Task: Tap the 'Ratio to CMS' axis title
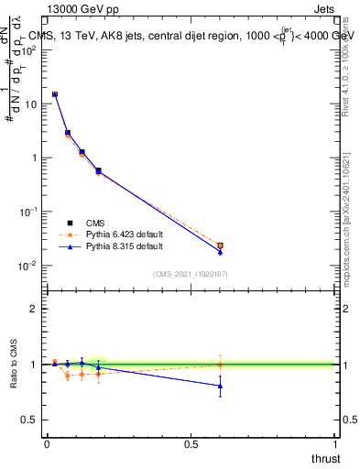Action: click(x=14, y=365)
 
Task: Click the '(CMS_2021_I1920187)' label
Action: click(x=191, y=273)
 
